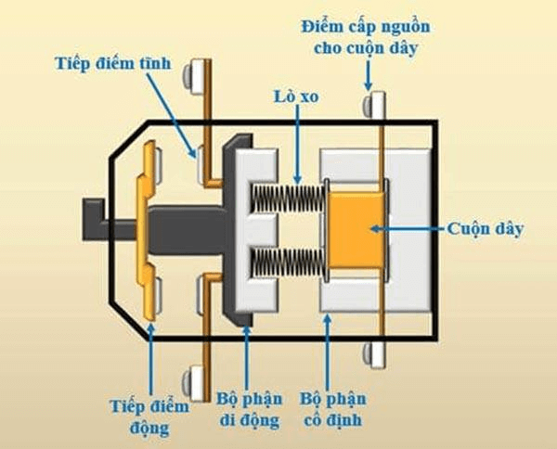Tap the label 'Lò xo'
click(294, 96)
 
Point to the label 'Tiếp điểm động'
click(147, 417)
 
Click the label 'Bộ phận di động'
click(248, 409)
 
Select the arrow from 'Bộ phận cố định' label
click(327, 353)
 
